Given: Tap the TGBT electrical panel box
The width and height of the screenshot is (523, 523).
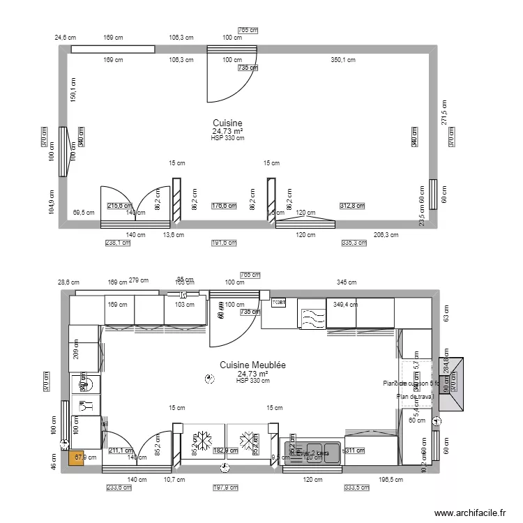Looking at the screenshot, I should [x=279, y=303].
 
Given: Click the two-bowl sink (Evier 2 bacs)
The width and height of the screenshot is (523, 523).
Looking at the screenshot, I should [x=312, y=452].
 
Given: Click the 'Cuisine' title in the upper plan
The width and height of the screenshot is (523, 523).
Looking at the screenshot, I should [x=227, y=123].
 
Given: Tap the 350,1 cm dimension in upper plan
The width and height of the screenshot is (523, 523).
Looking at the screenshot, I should [x=342, y=60].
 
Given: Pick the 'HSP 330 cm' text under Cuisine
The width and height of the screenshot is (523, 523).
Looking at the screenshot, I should [x=227, y=138].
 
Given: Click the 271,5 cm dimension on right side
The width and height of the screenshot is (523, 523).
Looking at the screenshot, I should [x=441, y=112].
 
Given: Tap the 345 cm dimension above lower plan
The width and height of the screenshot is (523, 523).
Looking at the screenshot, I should [x=347, y=282].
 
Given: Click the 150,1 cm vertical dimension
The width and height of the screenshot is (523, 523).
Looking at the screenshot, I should [x=73, y=89].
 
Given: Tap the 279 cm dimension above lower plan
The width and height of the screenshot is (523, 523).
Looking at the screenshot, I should [x=139, y=280].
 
